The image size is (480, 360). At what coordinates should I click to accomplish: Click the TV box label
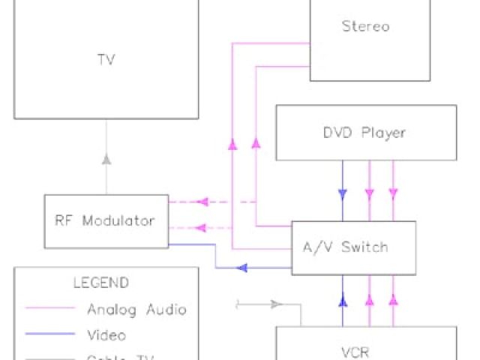click(x=106, y=60)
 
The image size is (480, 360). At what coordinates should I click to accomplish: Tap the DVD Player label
click(x=365, y=133)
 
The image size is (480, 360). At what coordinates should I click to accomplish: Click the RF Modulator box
click(x=106, y=221)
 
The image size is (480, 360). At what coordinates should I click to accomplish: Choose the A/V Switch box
click(x=352, y=247)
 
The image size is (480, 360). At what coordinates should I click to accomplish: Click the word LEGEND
click(x=100, y=283)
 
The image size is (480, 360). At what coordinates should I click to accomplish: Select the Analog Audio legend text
click(x=136, y=309)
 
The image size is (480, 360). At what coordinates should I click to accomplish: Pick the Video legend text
click(x=106, y=334)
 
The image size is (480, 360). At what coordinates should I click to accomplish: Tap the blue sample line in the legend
click(x=50, y=334)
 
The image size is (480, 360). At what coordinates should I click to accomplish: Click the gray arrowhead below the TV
click(x=106, y=159)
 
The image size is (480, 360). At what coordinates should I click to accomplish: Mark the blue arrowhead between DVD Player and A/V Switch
click(x=343, y=193)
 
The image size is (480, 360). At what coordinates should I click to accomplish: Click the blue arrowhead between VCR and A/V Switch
click(x=343, y=301)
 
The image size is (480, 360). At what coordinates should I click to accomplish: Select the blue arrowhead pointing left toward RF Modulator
click(x=242, y=267)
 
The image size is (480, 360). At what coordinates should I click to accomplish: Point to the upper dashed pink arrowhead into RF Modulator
click(x=201, y=201)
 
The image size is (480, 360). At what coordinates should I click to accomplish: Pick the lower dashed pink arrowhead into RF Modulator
click(x=201, y=227)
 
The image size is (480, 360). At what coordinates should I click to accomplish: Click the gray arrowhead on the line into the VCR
click(x=276, y=304)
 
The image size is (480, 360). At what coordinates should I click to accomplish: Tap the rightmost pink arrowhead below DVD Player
click(x=393, y=193)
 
